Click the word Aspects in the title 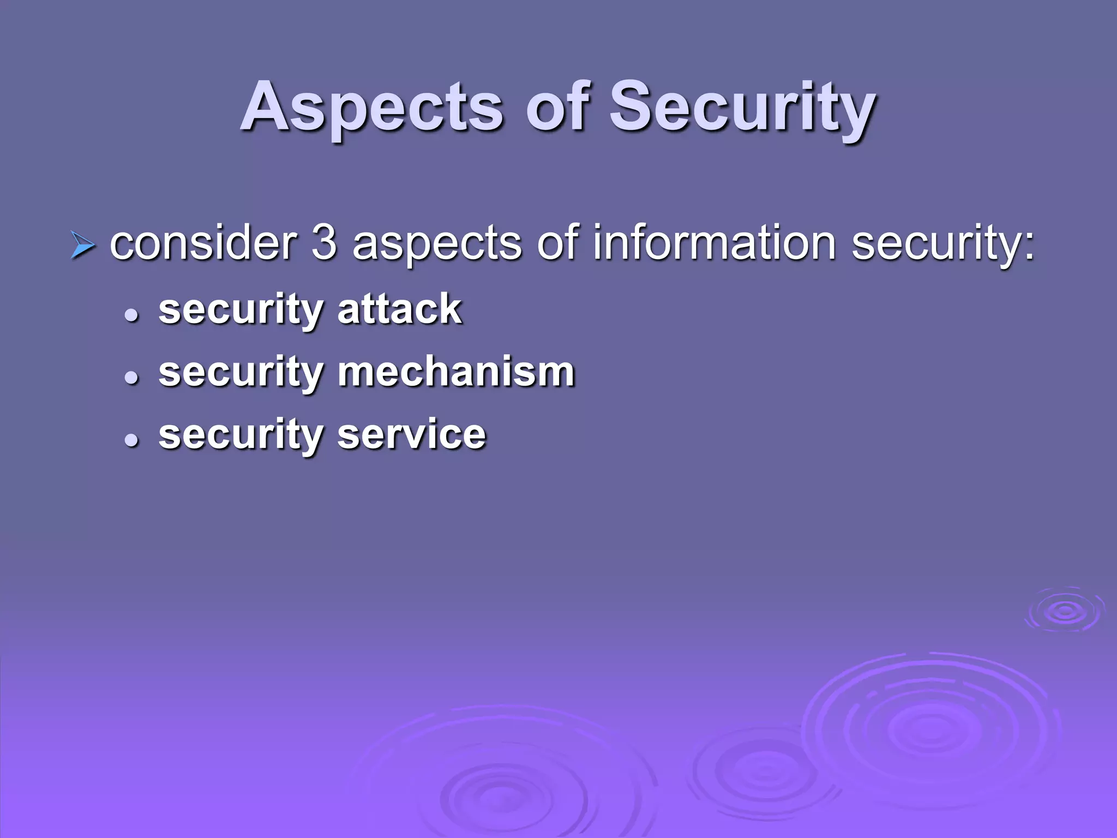coord(371,107)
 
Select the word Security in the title coord(742,107)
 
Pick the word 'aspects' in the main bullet coord(437,244)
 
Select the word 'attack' coord(400,309)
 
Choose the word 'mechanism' coord(456,372)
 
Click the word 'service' coord(411,435)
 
